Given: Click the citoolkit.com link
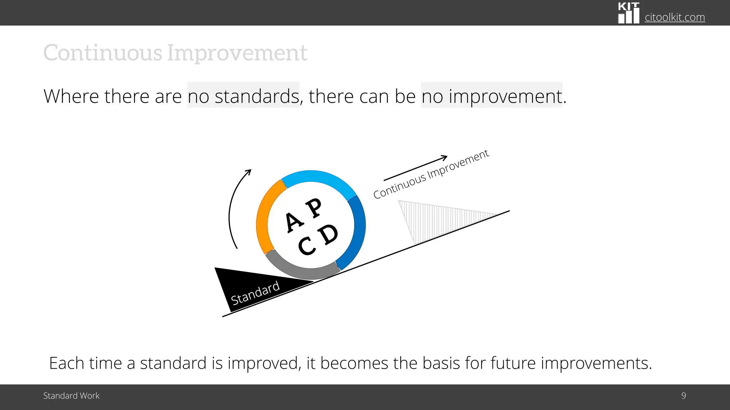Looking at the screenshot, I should point(674,17).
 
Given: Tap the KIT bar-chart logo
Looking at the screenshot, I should point(628,13).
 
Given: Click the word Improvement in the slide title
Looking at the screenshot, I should point(237,53).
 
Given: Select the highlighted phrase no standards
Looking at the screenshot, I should point(243,96).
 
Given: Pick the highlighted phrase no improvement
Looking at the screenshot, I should point(492,96).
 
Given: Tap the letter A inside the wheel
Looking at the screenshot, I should point(294,222).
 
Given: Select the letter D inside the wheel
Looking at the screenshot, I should point(328,235).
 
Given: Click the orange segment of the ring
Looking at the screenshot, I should point(264,217).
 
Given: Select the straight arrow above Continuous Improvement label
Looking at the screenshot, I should point(415,168).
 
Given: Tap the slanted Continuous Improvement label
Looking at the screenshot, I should point(431,174).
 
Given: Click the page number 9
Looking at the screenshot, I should point(683,396).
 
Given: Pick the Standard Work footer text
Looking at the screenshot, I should point(71,396).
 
